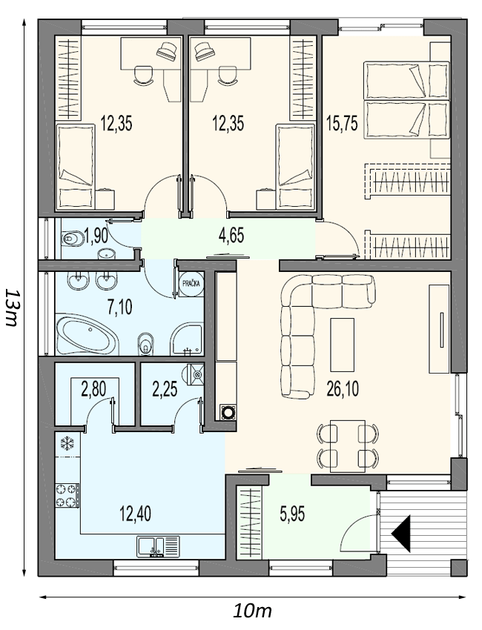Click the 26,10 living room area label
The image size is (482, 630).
click(x=343, y=389)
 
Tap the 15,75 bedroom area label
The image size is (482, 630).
click(x=342, y=123)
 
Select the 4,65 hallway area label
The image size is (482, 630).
click(x=231, y=236)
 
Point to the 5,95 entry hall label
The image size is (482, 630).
click(x=292, y=514)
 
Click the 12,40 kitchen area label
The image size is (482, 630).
click(x=136, y=514)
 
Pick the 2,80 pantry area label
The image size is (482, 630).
click(x=93, y=389)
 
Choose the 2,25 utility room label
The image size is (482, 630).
click(x=165, y=389)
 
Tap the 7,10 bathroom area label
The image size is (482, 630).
click(x=120, y=307)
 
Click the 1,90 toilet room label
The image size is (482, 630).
click(x=96, y=236)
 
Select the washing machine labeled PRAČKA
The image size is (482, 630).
click(x=191, y=284)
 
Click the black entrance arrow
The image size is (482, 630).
click(x=400, y=533)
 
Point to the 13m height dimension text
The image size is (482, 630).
click(x=11, y=308)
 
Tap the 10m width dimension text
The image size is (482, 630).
click(x=252, y=611)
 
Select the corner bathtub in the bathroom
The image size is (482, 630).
click(x=88, y=335)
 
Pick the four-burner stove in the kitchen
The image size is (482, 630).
click(x=67, y=496)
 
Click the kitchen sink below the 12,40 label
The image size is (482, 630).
click(x=158, y=546)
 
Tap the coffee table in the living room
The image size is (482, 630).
click(x=342, y=345)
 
